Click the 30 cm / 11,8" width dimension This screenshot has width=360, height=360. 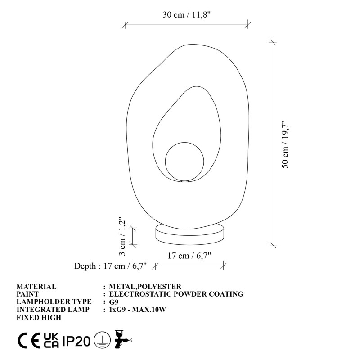(187, 15)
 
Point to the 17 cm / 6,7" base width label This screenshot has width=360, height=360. (189, 256)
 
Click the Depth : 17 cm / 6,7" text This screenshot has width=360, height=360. (111, 266)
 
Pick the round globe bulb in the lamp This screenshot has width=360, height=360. (184, 162)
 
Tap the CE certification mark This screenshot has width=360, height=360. (28, 341)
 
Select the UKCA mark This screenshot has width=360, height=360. (50, 341)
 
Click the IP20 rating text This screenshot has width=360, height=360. (76, 341)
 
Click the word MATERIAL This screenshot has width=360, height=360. (36, 287)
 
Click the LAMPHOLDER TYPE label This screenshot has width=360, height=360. (54, 302)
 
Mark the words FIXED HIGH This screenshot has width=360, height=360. (39, 317)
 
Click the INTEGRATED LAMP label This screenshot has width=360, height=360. (54, 310)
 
